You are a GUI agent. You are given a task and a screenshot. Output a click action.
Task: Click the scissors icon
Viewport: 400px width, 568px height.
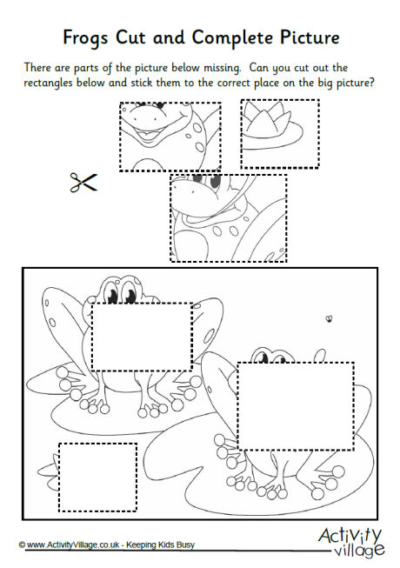tap(83, 183)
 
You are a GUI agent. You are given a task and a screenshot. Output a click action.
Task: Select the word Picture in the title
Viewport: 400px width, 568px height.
tap(301, 38)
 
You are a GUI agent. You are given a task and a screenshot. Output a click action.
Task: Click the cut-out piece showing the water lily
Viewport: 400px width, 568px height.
tap(279, 133)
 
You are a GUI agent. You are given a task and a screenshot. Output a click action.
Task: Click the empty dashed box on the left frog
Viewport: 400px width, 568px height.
tap(143, 337)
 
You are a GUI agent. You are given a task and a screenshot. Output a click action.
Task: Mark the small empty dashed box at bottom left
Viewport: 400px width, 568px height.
tap(97, 478)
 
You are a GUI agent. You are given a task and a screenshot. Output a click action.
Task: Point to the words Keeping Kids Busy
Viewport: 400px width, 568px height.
tap(177, 545)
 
